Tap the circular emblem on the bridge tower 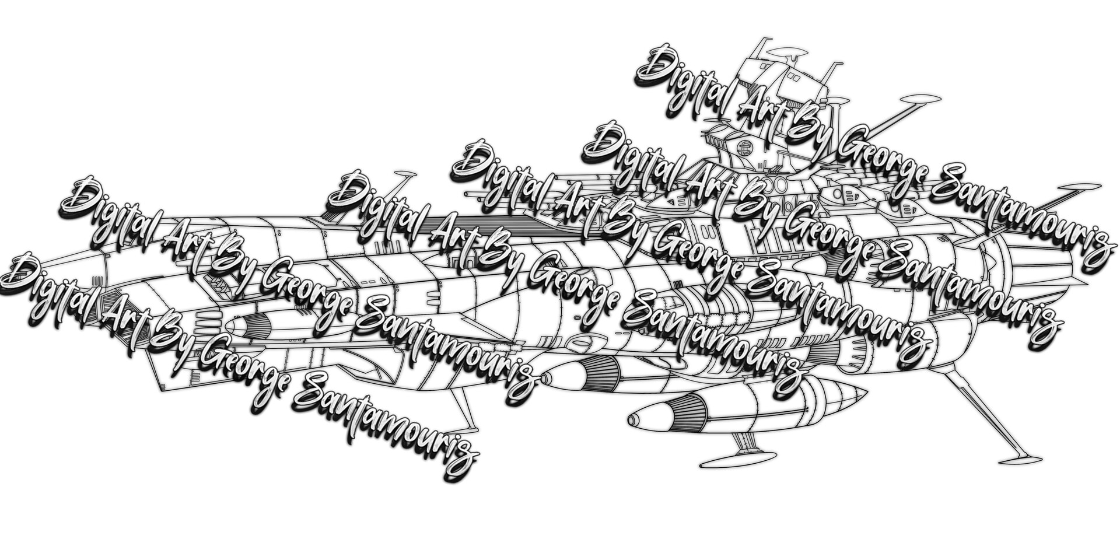tap(744, 146)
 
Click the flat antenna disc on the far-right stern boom tap(1079, 188)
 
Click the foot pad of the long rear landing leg tap(1020, 460)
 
